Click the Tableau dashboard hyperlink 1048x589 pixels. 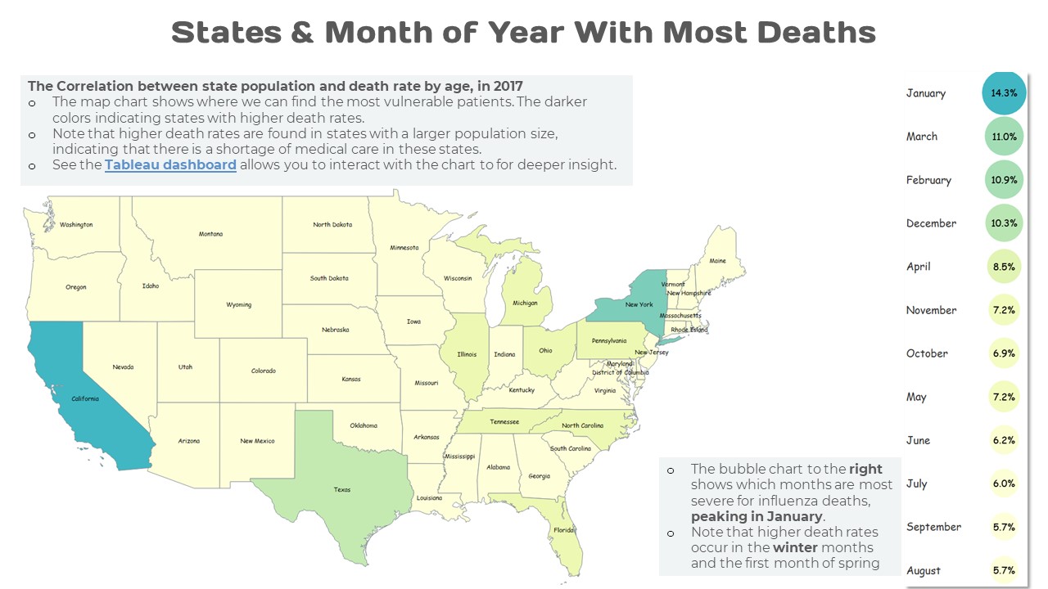(x=170, y=164)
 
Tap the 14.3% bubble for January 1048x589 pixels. (x=1004, y=93)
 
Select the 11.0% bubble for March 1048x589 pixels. (x=1004, y=137)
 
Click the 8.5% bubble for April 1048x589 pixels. (x=1004, y=267)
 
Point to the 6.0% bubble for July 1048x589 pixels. (x=1004, y=483)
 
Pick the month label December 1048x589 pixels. (x=931, y=223)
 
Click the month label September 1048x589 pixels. (x=933, y=527)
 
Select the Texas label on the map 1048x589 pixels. (x=342, y=490)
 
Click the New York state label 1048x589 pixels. (x=639, y=304)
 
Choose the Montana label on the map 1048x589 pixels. (x=210, y=235)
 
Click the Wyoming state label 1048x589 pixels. (x=239, y=305)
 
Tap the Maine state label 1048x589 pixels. (x=717, y=262)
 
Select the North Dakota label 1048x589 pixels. (x=332, y=225)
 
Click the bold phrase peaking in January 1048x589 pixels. (x=757, y=516)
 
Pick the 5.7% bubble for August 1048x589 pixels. (x=1004, y=570)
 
